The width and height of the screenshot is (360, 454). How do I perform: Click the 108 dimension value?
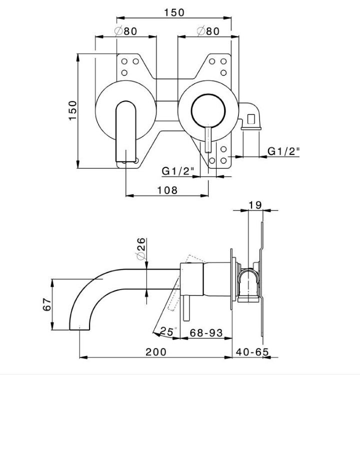pos(167,190)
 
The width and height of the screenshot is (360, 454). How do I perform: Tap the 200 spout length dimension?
pos(156,352)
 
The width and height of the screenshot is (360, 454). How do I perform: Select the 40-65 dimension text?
pos(252,352)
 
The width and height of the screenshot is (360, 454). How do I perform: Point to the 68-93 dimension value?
pos(206,332)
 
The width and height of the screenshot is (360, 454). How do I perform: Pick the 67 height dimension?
pos(47,304)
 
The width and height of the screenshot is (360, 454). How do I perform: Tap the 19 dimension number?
pos(255,205)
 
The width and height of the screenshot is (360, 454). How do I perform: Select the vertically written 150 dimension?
pos(73,110)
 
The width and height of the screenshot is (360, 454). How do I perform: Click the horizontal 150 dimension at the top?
pos(174,12)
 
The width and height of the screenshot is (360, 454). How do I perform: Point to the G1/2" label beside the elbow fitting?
pos(283,151)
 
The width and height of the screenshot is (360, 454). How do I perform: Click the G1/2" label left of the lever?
pos(177,171)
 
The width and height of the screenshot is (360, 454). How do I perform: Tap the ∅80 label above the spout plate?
pos(126,31)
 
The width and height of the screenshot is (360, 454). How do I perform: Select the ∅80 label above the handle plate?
pos(208,31)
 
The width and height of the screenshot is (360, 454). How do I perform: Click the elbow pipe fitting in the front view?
pos(250,117)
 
